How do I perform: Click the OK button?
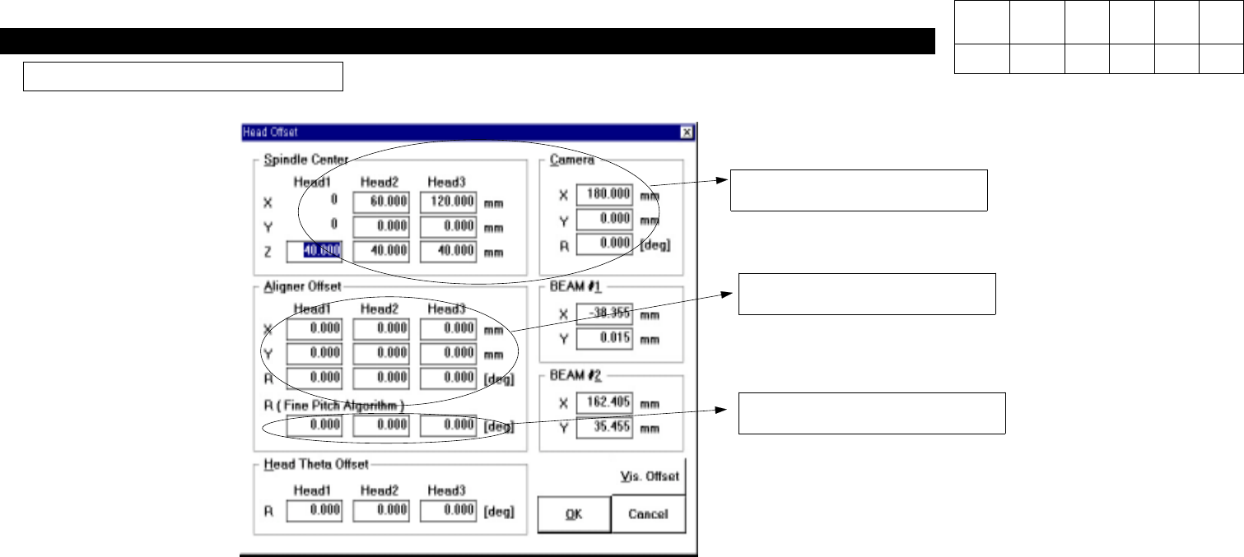coord(574,514)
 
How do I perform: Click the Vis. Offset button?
coord(649,476)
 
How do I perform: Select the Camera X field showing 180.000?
coord(605,195)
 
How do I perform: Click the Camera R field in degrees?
coord(605,244)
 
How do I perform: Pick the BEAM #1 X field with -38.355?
coord(605,313)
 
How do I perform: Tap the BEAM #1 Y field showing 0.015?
coord(605,338)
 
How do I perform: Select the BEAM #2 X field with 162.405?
coord(605,403)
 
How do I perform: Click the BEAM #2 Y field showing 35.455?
coord(605,428)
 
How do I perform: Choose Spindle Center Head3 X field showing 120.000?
coord(448,202)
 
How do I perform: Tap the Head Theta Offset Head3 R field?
coord(448,510)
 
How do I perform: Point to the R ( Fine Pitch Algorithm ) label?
coord(333,405)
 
